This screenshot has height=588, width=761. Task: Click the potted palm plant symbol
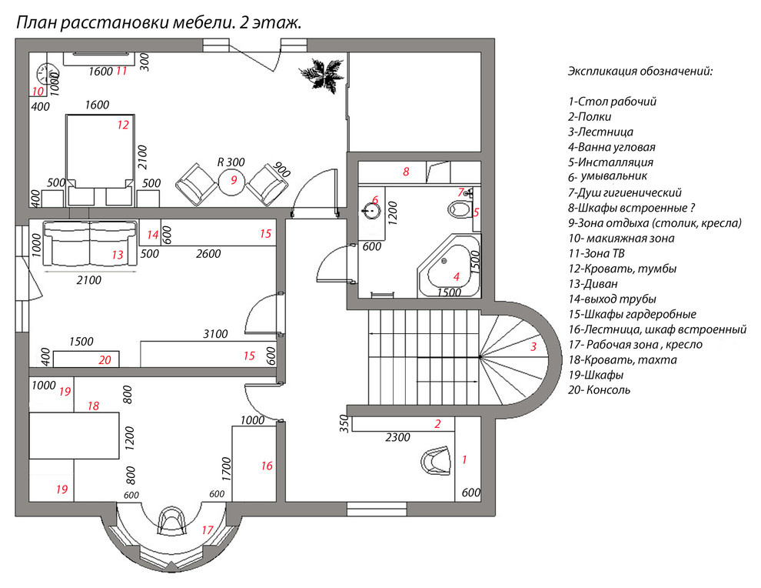coord(321,74)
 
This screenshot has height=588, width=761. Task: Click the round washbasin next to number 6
coord(372,210)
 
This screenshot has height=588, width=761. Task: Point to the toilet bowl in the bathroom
coord(459,209)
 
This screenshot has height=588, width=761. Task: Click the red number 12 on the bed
coord(123,125)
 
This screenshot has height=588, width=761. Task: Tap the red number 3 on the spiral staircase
coord(533,346)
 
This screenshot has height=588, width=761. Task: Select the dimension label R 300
coord(231,162)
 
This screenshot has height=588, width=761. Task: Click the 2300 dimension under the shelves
coord(397,437)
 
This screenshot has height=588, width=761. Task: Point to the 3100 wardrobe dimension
coord(215,334)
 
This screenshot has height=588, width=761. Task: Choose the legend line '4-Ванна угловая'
coord(612,147)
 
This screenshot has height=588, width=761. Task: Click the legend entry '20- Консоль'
coord(599,389)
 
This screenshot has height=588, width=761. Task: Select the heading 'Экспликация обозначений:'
coord(640,72)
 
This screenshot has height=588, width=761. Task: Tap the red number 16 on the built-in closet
coord(267,466)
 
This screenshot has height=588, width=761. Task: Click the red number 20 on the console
coord(105,360)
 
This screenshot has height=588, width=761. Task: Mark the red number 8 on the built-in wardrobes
coord(406,172)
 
